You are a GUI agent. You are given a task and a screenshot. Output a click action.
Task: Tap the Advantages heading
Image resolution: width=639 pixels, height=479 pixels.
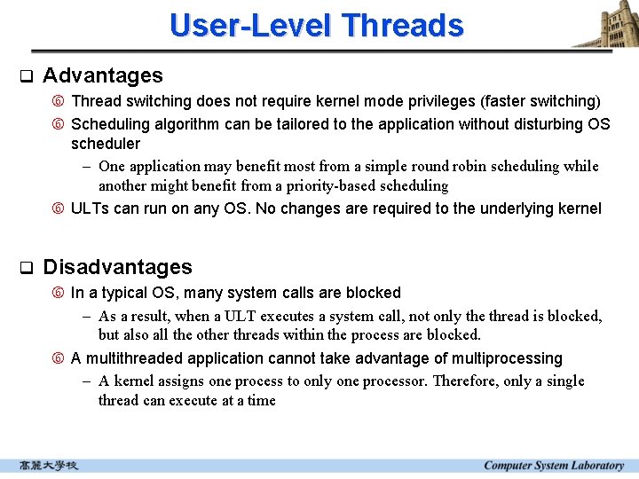click(x=103, y=75)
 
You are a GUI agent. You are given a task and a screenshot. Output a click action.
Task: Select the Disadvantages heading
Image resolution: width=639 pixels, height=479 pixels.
click(x=117, y=267)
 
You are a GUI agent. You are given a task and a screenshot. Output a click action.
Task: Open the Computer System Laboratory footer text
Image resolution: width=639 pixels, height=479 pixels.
click(x=553, y=466)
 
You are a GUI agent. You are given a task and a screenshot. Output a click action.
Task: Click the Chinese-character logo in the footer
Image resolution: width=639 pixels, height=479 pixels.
click(x=49, y=466)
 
